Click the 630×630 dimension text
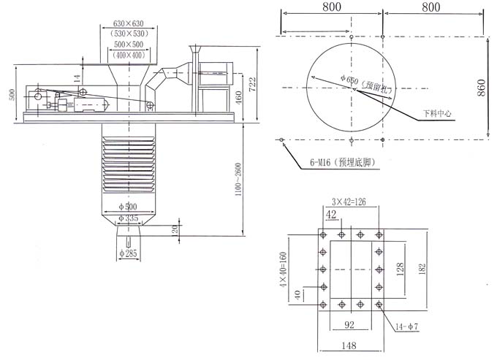click(129, 24)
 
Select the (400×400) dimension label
click(129, 55)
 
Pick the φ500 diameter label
click(129, 207)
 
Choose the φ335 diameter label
click(129, 218)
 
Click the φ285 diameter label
click(129, 253)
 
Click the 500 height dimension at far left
click(11, 95)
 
